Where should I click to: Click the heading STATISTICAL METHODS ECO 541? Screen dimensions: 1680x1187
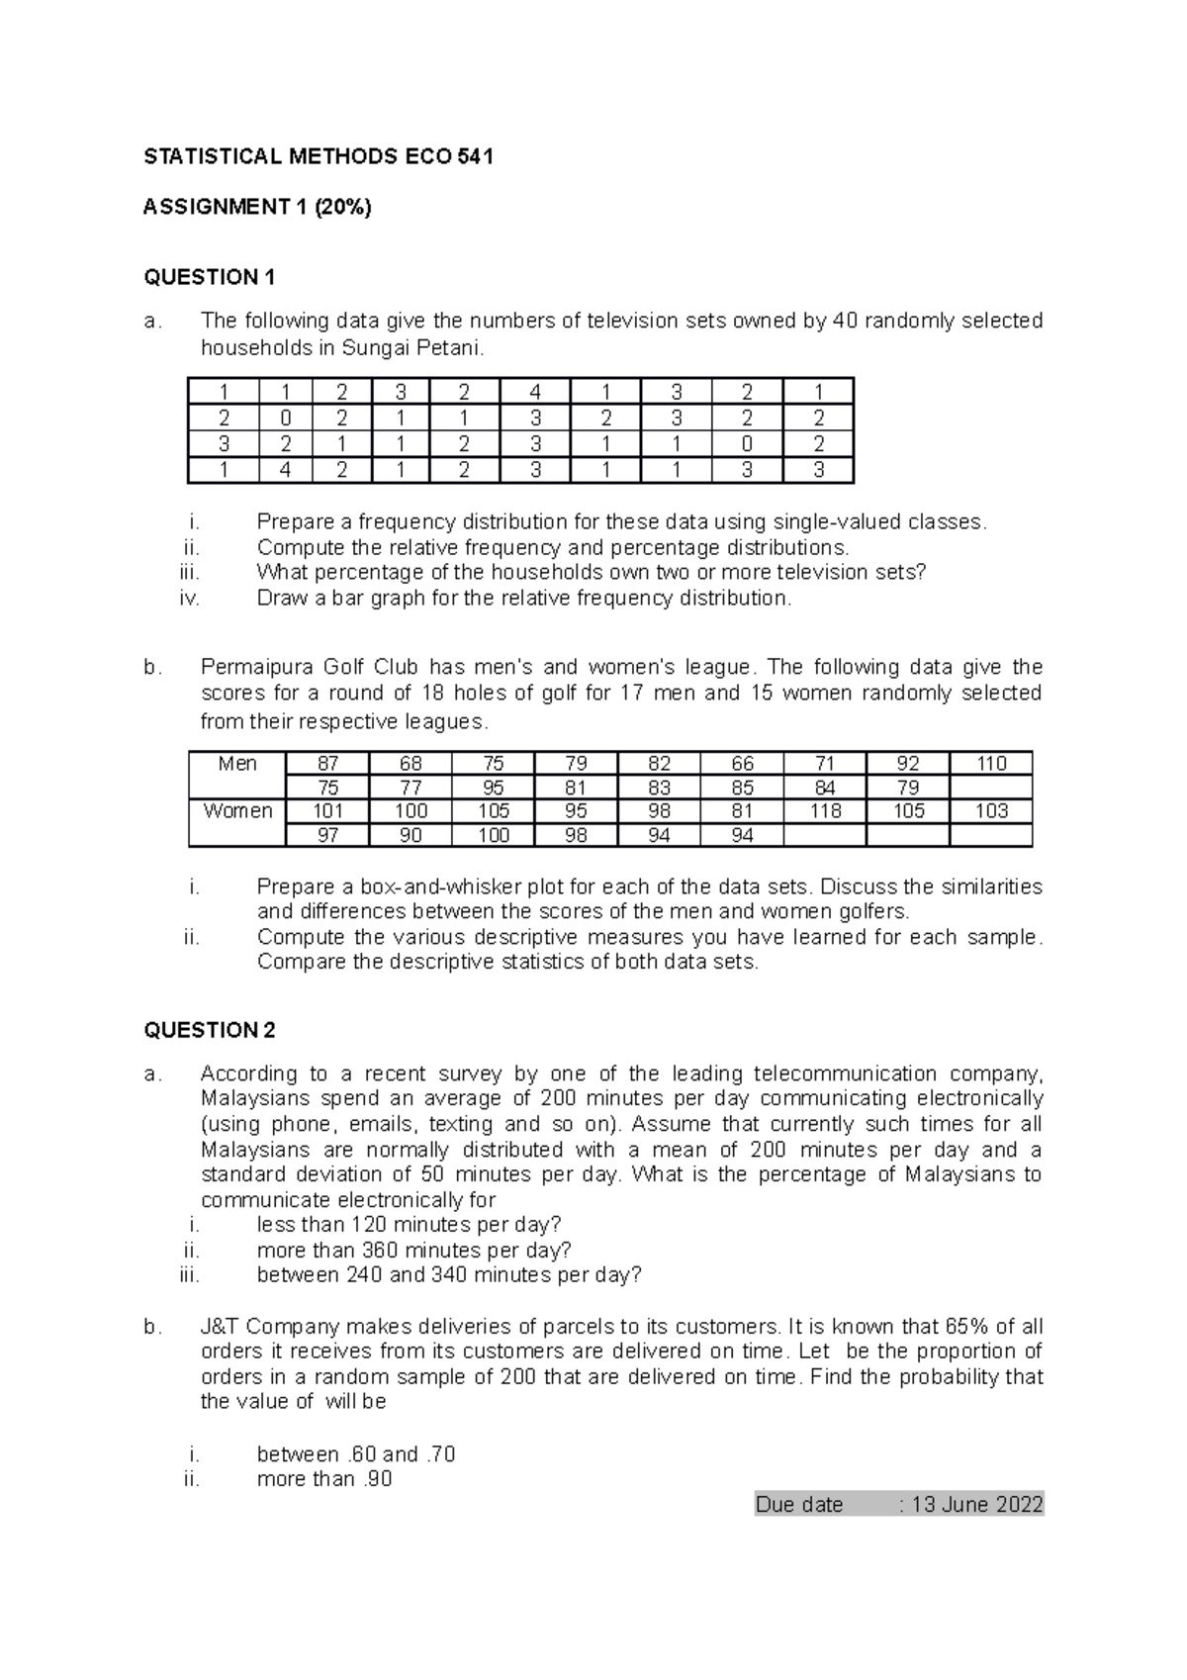coord(318,156)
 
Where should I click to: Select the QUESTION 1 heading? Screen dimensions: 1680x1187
coord(210,277)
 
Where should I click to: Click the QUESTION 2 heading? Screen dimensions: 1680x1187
coord(210,1030)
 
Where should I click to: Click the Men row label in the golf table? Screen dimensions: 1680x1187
coord(237,764)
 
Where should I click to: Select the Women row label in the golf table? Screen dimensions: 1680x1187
coord(237,811)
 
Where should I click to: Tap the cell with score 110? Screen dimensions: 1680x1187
coord(990,764)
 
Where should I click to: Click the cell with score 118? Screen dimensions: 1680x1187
coord(825,811)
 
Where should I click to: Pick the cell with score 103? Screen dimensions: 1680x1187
coord(990,811)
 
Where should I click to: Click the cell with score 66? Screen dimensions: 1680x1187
coord(742,764)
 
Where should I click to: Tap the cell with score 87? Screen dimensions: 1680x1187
coord(327,764)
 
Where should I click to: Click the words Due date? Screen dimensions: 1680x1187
coord(799,1505)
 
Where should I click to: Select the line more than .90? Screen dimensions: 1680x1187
coord(324,1479)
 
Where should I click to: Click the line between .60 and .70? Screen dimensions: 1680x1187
coord(356,1454)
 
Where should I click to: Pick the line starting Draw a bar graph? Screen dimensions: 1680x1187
coord(524,599)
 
